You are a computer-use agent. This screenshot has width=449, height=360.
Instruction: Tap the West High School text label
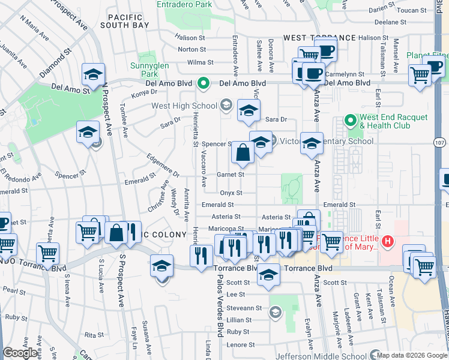[x=184, y=106]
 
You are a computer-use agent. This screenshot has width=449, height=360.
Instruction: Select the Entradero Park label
[x=184, y=4]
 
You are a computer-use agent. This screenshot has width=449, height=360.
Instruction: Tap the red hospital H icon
[x=388, y=241]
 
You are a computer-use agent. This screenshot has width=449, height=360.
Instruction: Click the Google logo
[x=20, y=353]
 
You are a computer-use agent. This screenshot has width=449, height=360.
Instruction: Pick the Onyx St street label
[x=231, y=193]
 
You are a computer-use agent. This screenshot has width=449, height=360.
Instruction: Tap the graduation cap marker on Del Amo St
[x=94, y=76]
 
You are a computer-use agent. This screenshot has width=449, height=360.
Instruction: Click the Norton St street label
[x=191, y=49]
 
